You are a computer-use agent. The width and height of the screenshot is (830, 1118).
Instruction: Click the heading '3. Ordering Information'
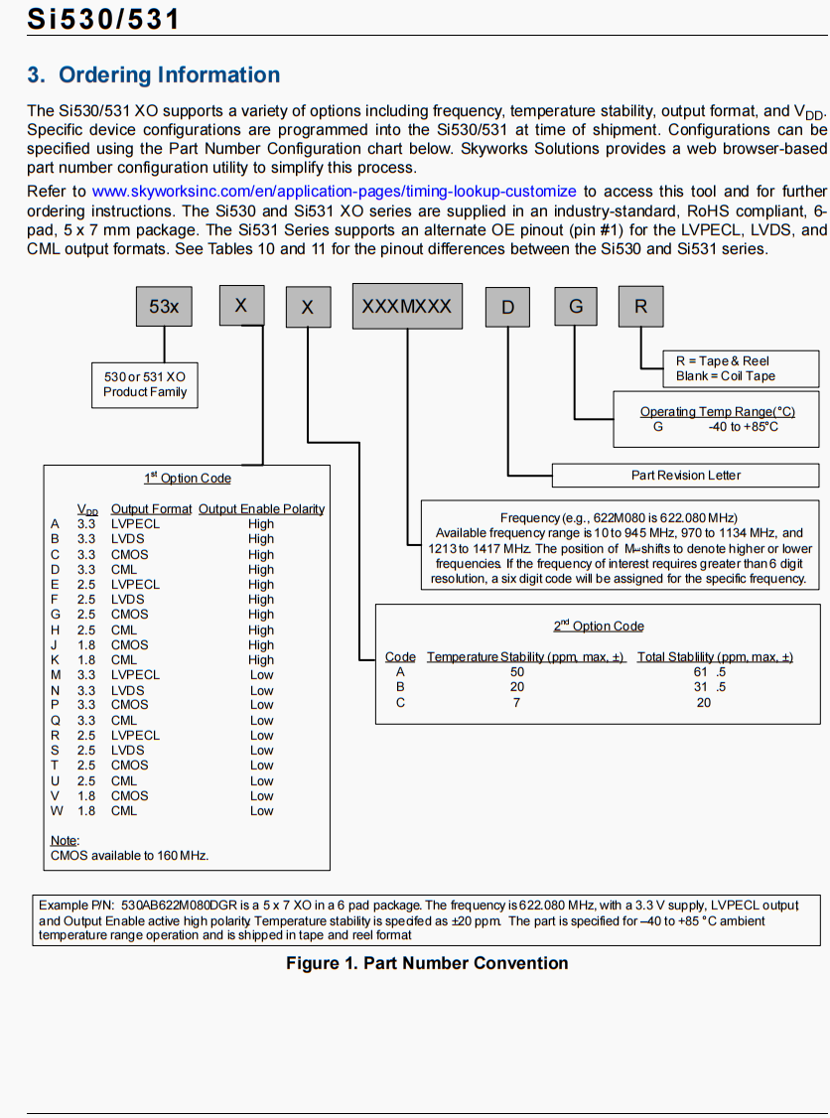click(x=154, y=75)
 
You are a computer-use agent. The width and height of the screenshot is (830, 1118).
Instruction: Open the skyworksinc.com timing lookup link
click(x=334, y=191)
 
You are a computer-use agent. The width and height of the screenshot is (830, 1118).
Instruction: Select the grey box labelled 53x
click(x=164, y=307)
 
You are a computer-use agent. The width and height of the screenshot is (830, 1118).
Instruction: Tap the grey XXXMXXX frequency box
click(x=406, y=307)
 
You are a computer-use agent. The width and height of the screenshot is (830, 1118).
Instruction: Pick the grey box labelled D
click(x=508, y=307)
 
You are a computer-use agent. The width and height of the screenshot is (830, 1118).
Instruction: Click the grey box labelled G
click(x=576, y=307)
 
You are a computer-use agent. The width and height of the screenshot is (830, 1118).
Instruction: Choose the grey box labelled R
click(x=641, y=307)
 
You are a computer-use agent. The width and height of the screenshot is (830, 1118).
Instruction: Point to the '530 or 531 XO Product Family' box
click(x=145, y=384)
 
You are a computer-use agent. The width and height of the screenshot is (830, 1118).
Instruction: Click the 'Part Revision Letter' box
click(x=686, y=476)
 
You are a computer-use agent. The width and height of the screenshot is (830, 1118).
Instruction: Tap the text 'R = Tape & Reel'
click(x=723, y=361)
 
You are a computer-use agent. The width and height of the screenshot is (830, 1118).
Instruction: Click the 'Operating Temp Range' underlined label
click(x=717, y=412)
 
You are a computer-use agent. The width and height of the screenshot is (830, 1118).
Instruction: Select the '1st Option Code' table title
click(x=188, y=479)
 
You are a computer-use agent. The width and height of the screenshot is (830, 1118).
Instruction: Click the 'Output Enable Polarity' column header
click(x=261, y=509)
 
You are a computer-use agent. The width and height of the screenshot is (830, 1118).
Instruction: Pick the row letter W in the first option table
click(x=56, y=811)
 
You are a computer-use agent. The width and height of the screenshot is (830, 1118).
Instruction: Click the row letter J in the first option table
click(x=56, y=645)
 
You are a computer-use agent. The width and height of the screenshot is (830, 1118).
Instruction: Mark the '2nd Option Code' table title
click(x=599, y=627)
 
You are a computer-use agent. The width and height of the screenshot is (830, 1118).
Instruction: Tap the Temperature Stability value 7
click(x=517, y=703)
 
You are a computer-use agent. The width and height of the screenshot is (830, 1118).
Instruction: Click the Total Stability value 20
click(x=703, y=703)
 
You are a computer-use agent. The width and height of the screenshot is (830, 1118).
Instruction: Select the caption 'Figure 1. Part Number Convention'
click(x=427, y=963)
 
